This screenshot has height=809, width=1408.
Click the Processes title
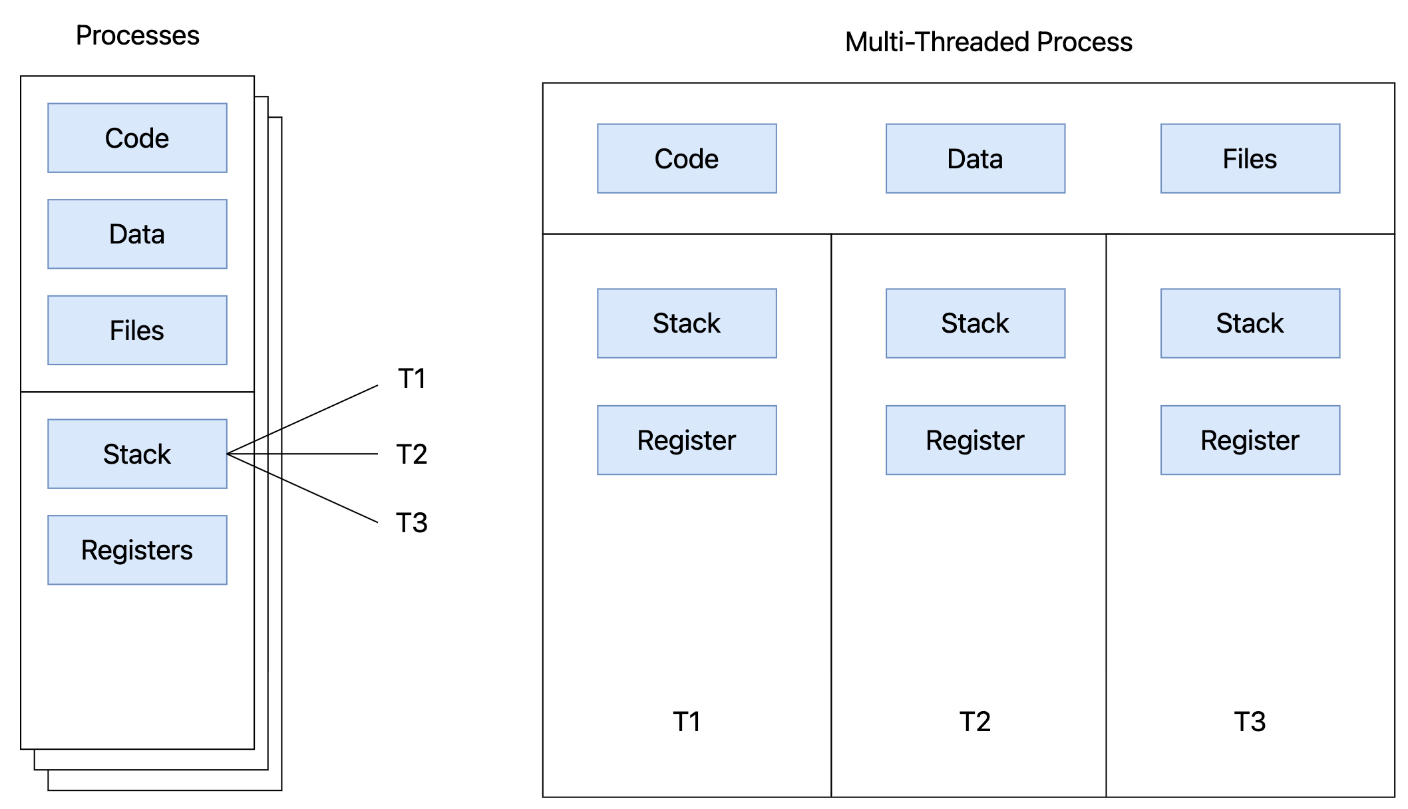coord(137,35)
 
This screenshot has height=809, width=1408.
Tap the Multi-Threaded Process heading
coord(989,42)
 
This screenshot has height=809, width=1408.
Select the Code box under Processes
coord(137,138)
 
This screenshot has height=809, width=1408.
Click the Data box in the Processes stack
coord(137,234)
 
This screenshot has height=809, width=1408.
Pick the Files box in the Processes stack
coord(137,330)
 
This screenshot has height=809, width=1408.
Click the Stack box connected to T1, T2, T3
coord(137,454)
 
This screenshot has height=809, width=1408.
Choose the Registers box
coord(137,550)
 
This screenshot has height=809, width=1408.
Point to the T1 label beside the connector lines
coord(412,379)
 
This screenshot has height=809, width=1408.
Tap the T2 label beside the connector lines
coord(412,454)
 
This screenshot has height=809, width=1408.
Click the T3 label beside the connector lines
coord(412,523)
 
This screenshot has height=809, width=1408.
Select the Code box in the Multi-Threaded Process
coord(687,158)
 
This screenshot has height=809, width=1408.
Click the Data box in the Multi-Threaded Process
coord(975,158)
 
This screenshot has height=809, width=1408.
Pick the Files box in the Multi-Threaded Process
coord(1250,158)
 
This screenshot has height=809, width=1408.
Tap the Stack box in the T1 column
coord(687,323)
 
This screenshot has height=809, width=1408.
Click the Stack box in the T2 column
coord(975,323)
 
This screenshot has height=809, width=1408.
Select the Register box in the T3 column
coord(1250,440)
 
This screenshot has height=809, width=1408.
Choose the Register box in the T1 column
coord(687,440)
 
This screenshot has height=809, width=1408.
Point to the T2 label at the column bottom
coord(975,722)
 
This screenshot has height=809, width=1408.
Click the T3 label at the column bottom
coord(1250,722)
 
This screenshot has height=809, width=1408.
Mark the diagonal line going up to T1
coord(303,420)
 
